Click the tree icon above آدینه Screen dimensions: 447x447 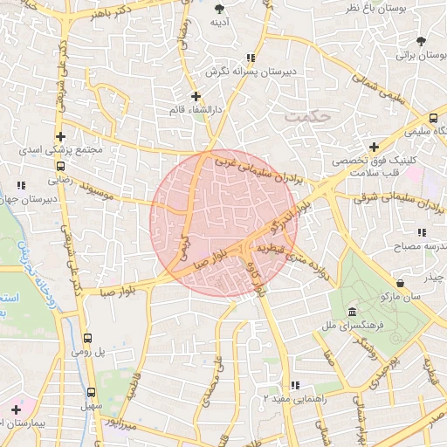tap(219, 10)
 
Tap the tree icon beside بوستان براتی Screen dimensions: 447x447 tap(422, 41)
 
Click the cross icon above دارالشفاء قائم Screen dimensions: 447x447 tap(196, 96)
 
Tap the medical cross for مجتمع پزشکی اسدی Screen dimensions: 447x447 tap(60, 136)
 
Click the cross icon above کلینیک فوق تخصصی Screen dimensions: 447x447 tap(374, 147)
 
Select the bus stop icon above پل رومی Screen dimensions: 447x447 tap(87, 339)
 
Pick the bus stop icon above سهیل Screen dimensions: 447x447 tap(91, 393)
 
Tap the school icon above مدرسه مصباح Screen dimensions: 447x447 tap(421, 233)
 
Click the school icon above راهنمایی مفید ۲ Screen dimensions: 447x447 tap(294, 384)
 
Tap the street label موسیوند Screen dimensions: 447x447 tap(108, 189)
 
